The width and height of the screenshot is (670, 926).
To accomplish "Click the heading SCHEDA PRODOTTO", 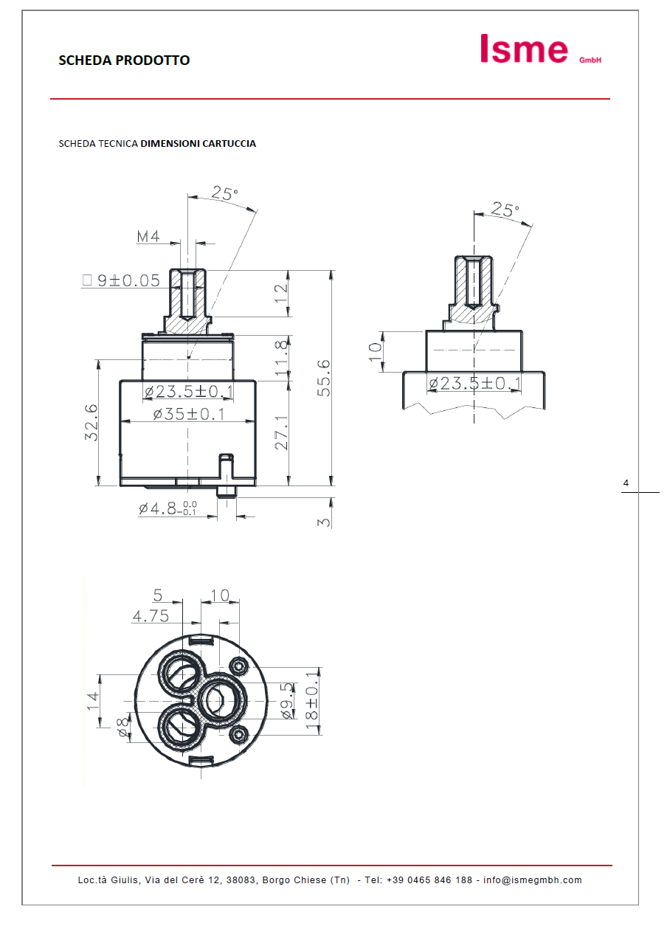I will tap(124, 61).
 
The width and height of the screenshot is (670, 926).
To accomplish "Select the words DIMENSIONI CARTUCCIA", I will tap(198, 144).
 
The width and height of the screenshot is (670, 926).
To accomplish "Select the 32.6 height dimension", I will tap(91, 423).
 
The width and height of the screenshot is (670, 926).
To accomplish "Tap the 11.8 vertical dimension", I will tap(281, 359).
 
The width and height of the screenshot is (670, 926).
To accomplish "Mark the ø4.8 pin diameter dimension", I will tap(167, 508).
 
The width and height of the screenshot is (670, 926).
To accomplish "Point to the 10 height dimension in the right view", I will tap(376, 352).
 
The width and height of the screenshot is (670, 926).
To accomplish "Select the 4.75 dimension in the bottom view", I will tap(151, 615).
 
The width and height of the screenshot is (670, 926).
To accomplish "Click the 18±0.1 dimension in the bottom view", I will tap(312, 701).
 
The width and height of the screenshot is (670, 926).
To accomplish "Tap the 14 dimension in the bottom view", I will tap(92, 699).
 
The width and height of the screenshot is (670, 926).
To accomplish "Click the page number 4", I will tap(626, 483).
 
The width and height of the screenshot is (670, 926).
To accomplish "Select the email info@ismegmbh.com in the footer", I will tap(532, 880).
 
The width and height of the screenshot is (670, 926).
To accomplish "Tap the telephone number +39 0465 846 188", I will tap(429, 880).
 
